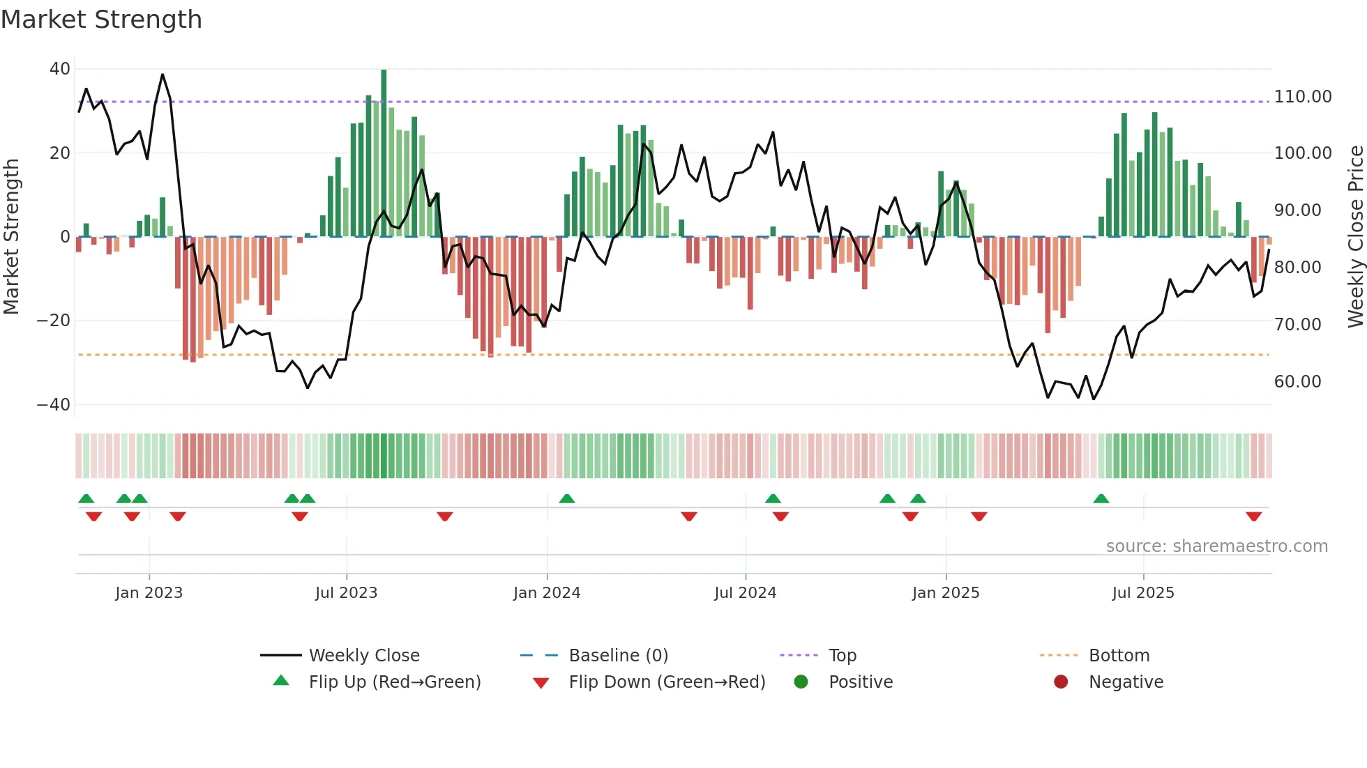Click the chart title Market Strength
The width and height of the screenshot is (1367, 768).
[x=101, y=20]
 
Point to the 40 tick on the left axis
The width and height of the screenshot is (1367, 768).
[x=60, y=69]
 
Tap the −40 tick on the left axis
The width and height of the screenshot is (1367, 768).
[x=54, y=405]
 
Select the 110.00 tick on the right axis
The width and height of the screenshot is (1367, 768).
[x=1303, y=97]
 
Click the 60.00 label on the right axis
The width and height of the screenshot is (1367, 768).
[x=1297, y=382]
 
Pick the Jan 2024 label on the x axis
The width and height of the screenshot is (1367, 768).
[x=547, y=593]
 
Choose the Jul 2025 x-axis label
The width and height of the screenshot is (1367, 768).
[x=1143, y=593]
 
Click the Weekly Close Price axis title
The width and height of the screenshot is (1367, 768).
[x=1355, y=237]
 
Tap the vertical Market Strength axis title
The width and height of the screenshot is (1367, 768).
[x=12, y=237]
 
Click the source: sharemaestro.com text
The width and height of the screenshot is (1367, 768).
[x=1216, y=546]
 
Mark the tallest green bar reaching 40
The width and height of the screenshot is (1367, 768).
[x=384, y=153]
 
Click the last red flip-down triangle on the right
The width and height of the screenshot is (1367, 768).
[x=1253, y=516]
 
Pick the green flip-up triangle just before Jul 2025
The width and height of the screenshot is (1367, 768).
[x=1101, y=499]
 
